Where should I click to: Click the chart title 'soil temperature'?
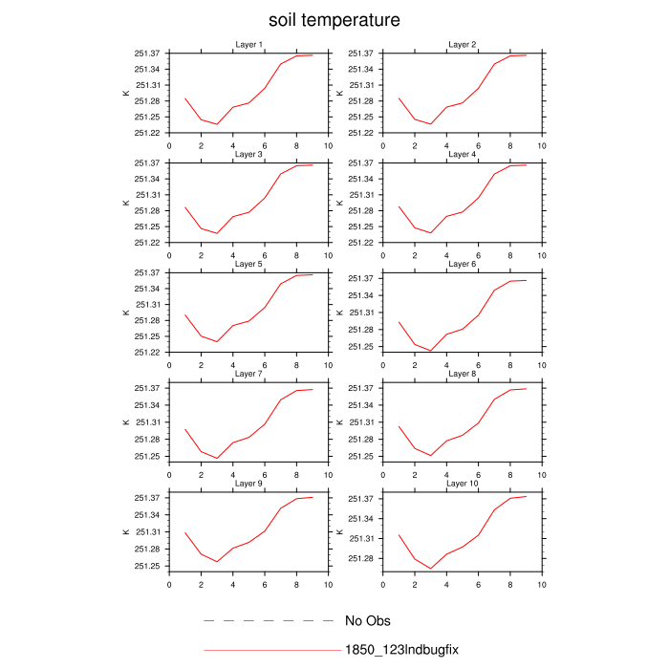pyautogui.click(x=334, y=19)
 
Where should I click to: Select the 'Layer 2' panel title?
pyautogui.click(x=463, y=45)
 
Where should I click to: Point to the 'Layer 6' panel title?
pyautogui.click(x=463, y=264)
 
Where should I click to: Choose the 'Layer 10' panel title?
pyautogui.click(x=463, y=484)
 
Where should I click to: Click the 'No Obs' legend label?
pyautogui.click(x=368, y=621)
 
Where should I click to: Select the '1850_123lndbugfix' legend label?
pyautogui.click(x=401, y=650)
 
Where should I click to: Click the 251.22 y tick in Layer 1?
pyautogui.click(x=146, y=133)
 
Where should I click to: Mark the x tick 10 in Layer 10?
pyautogui.click(x=542, y=585)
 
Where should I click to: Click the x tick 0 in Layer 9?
pyautogui.click(x=169, y=585)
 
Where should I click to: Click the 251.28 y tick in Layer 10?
pyautogui.click(x=360, y=558)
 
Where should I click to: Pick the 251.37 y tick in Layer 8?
pyautogui.click(x=360, y=388)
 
